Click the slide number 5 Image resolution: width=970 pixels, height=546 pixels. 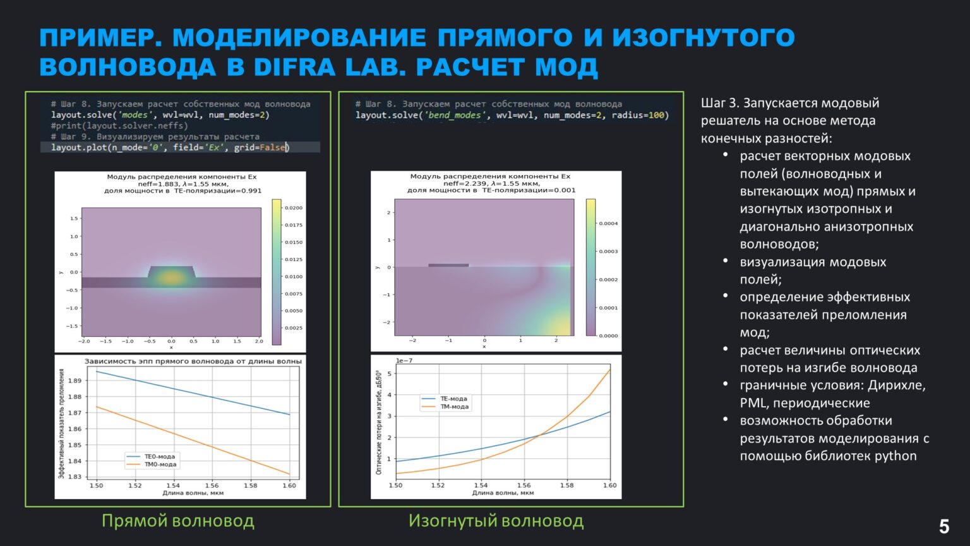point(944,526)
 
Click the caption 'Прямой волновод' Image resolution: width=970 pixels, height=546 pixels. point(178,521)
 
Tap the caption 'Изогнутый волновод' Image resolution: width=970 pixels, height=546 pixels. point(496,521)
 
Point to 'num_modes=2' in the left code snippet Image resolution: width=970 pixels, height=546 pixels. point(238,115)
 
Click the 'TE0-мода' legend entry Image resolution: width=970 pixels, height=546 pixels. point(160,456)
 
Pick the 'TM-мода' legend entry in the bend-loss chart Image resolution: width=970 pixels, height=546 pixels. point(454,407)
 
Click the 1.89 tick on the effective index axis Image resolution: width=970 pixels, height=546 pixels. point(74,380)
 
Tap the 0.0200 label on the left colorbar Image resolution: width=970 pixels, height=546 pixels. point(294,208)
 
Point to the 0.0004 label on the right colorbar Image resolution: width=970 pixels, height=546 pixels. point(608,224)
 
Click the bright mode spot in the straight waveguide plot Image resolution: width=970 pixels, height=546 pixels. point(171,276)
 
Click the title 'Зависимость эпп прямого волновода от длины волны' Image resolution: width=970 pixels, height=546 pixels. point(193,361)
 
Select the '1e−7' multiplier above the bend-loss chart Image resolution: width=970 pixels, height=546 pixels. point(404,361)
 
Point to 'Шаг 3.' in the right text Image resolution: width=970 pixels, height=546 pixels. point(719,103)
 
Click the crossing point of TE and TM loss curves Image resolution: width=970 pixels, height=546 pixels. point(541,434)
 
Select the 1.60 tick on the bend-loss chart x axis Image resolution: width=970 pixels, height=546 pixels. point(609,485)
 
